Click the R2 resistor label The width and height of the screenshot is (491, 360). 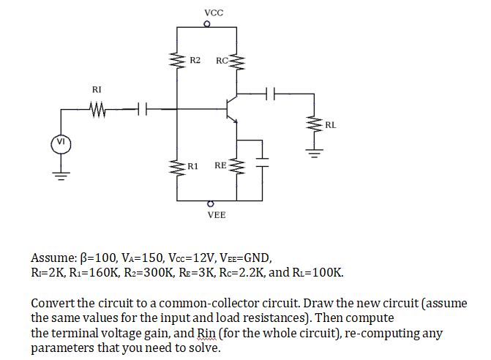coord(195,59)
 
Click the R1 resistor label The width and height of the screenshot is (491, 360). coord(194,166)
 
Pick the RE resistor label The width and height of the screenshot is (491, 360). coord(220,166)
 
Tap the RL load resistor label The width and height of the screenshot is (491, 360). coord(331,125)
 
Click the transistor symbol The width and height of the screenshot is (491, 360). coord(232,109)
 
